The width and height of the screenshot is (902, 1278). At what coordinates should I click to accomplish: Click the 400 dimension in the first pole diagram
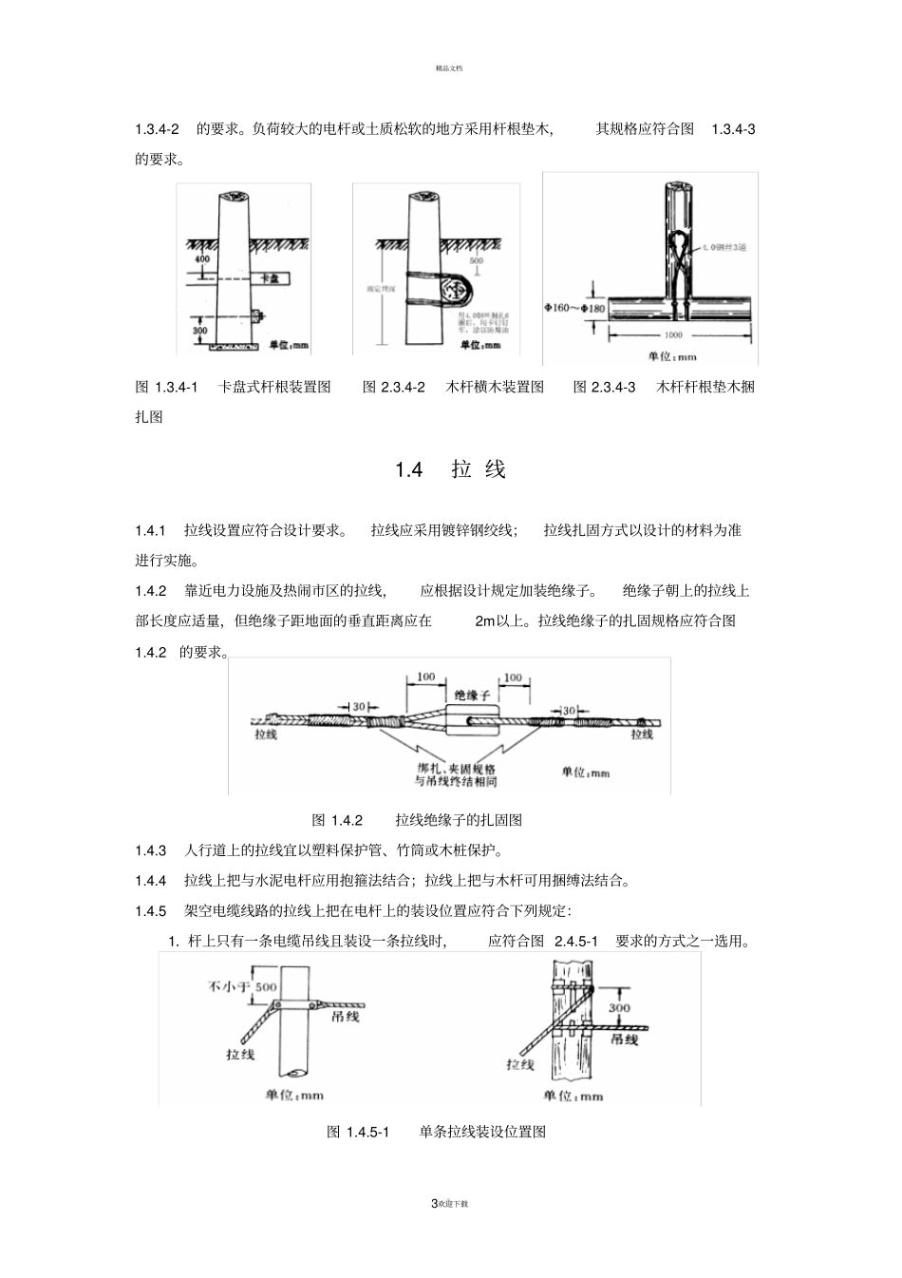coord(201,258)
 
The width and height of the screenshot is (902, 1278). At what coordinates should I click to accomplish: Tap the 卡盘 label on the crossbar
coord(269,278)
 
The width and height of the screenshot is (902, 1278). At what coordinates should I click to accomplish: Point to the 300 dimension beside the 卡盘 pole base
coord(199,331)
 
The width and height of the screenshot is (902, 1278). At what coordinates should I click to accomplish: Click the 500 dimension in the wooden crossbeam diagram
coord(476,259)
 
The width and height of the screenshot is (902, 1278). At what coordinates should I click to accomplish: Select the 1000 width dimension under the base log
coord(674,335)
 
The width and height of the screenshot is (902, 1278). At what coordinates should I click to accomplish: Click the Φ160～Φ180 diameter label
coord(574,307)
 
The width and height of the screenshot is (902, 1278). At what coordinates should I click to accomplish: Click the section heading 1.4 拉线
coord(451,469)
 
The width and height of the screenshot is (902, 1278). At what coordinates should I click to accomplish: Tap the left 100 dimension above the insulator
coord(425,677)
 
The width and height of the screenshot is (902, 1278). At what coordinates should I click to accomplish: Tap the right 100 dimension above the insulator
coord(513,677)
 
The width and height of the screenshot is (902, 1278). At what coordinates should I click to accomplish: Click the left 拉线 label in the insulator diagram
coord(266,734)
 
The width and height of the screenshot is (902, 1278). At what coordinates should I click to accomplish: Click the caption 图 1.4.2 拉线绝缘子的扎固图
coord(418,820)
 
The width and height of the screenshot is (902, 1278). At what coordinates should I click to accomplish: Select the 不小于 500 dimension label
coord(243,986)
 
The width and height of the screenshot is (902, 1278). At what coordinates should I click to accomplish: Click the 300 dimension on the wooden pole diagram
coord(619,1008)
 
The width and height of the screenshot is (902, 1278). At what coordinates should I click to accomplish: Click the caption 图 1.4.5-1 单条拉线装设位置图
coord(436,1132)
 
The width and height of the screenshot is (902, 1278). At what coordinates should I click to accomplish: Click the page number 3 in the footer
coord(434,1204)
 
